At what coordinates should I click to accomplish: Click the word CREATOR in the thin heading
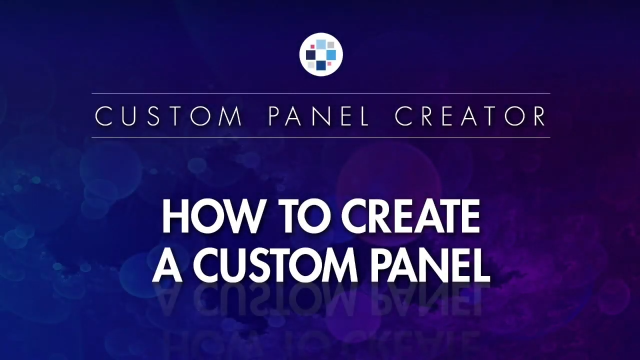click(470, 116)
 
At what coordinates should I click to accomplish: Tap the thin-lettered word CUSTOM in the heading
click(169, 116)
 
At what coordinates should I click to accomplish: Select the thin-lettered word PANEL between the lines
click(318, 116)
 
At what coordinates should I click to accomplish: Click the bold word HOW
click(212, 217)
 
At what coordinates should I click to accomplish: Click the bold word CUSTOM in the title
click(275, 266)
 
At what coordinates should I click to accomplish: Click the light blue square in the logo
click(321, 44)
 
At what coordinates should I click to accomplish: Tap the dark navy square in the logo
click(310, 55)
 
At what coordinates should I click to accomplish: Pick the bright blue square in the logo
click(331, 55)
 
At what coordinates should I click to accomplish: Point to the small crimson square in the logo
click(312, 46)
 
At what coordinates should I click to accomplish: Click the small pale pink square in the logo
click(329, 63)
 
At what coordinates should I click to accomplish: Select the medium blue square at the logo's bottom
click(321, 65)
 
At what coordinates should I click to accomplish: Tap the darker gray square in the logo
click(330, 45)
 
